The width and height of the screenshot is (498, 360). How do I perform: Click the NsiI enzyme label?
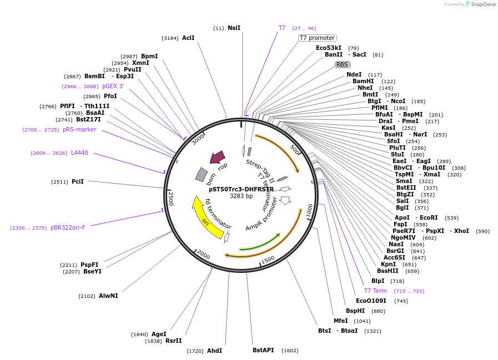tap(234, 28)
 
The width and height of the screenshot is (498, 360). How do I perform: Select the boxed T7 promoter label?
tap(317, 38)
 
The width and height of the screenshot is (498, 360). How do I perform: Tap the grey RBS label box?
tap(342, 64)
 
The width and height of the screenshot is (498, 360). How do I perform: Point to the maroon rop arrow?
tap(217, 158)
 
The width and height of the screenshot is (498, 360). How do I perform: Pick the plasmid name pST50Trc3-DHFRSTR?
tap(241, 189)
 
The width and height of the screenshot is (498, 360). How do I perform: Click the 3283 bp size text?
tap(241, 196)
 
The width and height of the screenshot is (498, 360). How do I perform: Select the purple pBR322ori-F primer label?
tap(68, 227)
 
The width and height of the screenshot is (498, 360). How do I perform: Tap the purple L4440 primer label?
tap(79, 153)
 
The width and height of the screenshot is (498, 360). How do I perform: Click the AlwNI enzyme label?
tap(108, 296)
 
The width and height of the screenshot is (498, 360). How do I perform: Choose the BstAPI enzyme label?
tap(263, 350)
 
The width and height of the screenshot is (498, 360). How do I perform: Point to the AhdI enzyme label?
tap(214, 351)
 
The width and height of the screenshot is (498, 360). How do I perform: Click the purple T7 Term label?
tap(375, 291)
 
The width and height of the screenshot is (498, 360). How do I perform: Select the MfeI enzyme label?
tap(340, 321)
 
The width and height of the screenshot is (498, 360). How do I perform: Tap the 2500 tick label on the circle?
tap(171, 199)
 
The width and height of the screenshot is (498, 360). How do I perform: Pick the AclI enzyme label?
tap(188, 38)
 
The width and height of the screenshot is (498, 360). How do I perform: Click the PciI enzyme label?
tap(78, 181)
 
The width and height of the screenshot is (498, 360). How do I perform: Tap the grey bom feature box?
tap(201, 175)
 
